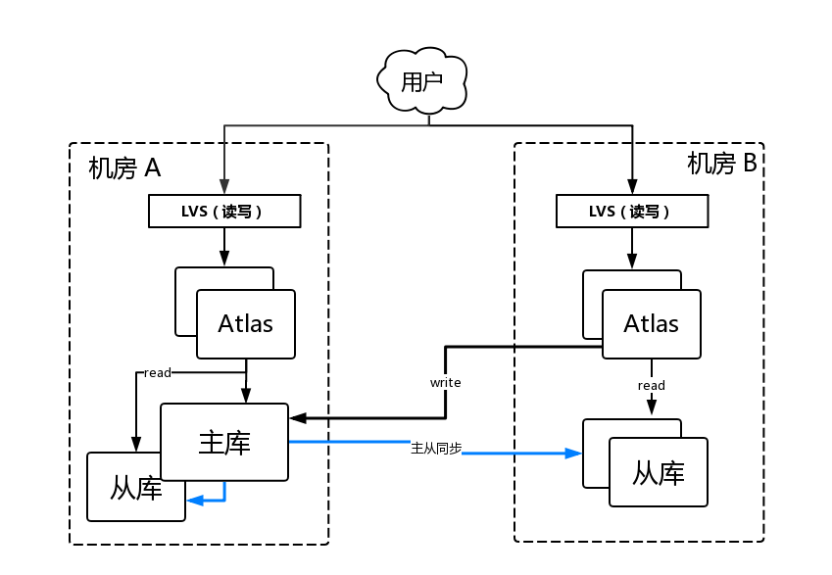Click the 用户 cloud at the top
tap(422, 80)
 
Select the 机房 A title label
tap(124, 168)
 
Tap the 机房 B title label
tap(721, 164)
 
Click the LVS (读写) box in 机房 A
tap(223, 212)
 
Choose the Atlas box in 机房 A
tap(245, 323)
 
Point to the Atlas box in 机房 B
tap(651, 323)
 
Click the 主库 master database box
tap(224, 442)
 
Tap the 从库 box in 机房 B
tap(658, 473)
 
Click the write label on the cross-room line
tap(445, 382)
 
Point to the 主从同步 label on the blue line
tap(436, 448)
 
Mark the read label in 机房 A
tap(157, 373)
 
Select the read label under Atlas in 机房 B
tap(651, 385)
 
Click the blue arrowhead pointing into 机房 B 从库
tap(574, 454)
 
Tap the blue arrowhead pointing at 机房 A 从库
tap(194, 500)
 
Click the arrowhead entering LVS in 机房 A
tap(224, 187)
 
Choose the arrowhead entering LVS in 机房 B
tap(630, 186)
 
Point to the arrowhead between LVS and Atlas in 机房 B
tap(630, 262)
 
